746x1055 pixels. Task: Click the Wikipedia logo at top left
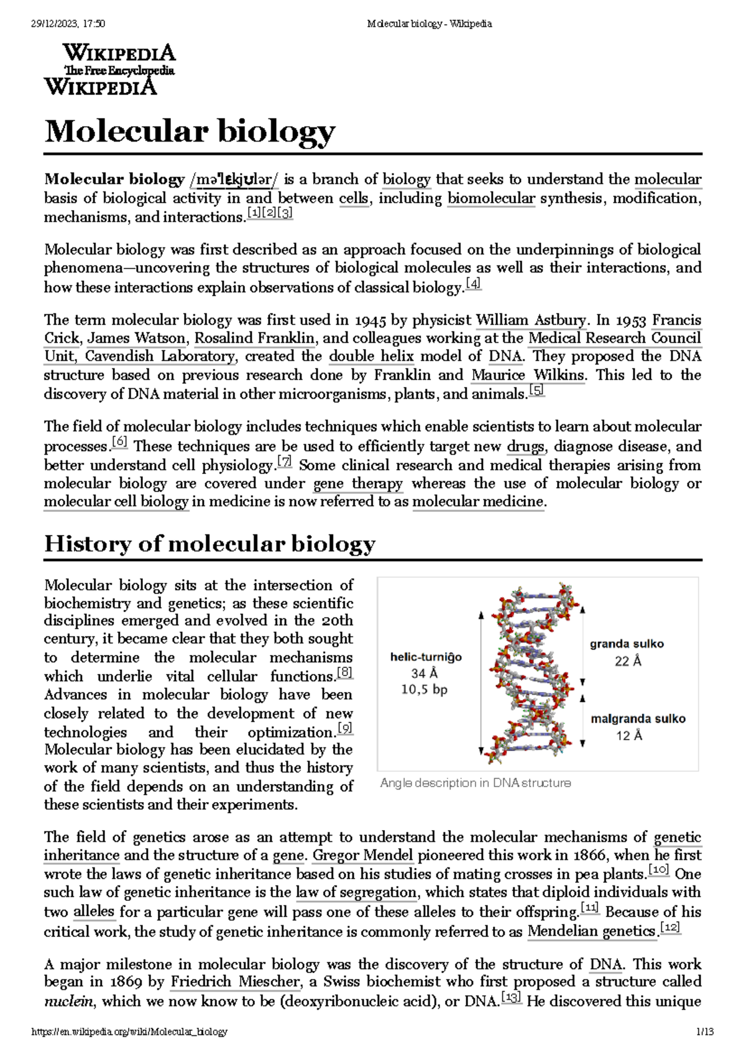coord(109,68)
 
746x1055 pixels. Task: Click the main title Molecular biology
coord(190,131)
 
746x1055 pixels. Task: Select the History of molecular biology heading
coord(210,544)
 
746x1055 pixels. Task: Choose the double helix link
coord(371,357)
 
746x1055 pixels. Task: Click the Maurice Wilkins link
coord(528,375)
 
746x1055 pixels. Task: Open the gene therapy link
coord(358,483)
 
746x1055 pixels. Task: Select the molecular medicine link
coord(478,502)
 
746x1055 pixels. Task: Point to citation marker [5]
coord(536,391)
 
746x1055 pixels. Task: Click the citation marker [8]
coord(344,673)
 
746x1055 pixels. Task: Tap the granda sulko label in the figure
coord(627,644)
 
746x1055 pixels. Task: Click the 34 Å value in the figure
coord(425,674)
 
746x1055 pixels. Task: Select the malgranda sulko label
coord(638,719)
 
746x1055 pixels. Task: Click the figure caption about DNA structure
coord(475,783)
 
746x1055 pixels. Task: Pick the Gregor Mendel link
coord(363,856)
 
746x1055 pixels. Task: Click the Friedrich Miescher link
coord(235,982)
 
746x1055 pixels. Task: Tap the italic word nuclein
coord(68,1002)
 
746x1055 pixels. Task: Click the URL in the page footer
coord(129,1032)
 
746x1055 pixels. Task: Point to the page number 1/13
coord(704,1032)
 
